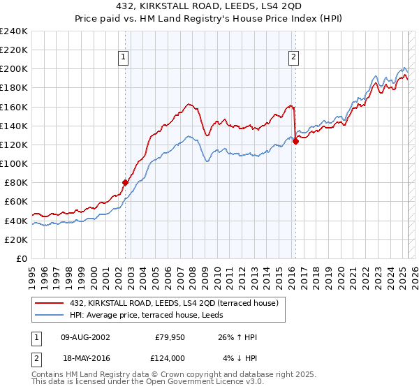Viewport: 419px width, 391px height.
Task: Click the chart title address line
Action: [x=209, y=6]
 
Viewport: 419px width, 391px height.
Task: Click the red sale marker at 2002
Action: [x=126, y=182]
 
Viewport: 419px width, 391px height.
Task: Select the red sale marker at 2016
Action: [x=295, y=141]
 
